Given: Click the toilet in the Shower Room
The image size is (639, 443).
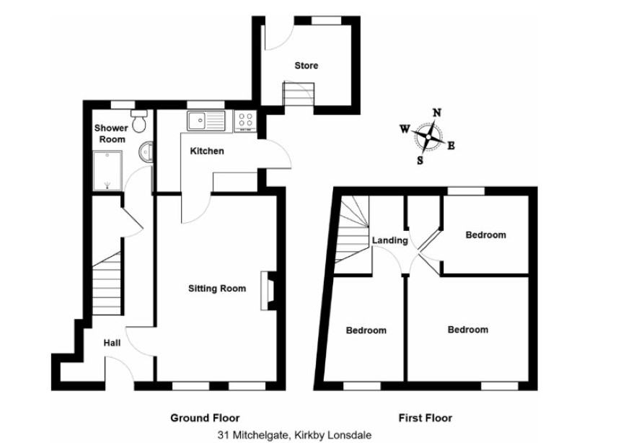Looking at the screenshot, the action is point(139,120).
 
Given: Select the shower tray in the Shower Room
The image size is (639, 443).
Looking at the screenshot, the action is point(107,171).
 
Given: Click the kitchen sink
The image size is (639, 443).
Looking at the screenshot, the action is point(206,120).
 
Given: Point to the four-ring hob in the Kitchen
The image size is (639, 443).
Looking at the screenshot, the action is point(245,121).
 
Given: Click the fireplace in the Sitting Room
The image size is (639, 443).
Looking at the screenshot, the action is point(268,291).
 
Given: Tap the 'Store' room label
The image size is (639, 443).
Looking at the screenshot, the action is point(306,66).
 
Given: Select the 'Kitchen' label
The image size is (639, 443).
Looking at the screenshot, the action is point(207,152).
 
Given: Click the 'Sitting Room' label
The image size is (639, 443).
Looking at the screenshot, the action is point(217,289).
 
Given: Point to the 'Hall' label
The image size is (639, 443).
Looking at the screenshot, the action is point(112,343).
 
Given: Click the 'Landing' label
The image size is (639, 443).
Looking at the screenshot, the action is point(389,240).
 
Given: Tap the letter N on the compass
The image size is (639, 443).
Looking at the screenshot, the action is point(437,113).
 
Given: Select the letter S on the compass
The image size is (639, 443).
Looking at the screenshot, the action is point(420,161).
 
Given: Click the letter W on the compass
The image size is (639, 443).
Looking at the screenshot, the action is point(405,130).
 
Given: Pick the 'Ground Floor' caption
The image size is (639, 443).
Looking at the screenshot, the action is point(205,418).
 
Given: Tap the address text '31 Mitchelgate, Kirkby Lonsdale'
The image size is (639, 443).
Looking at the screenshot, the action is point(294,435).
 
